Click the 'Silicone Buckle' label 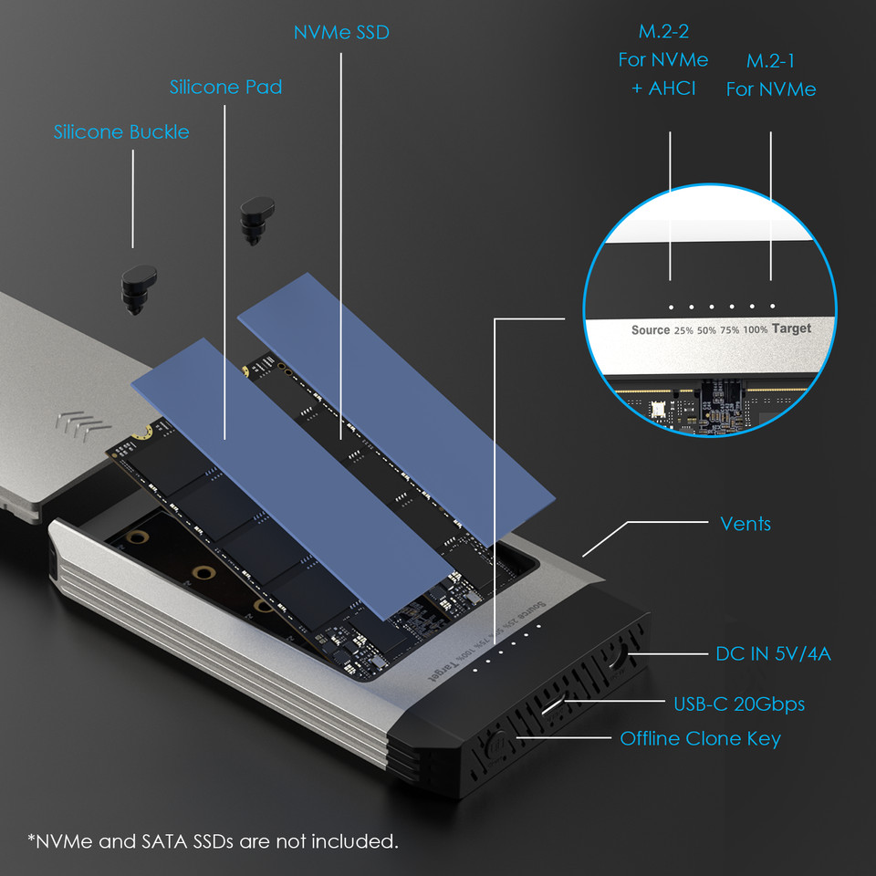121,132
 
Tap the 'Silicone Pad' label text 225,88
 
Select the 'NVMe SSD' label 341,33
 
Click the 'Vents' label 745,524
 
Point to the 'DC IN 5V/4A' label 773,653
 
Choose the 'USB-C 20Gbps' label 739,704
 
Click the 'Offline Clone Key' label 700,738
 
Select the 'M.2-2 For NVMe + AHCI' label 662,60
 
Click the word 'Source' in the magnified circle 650,330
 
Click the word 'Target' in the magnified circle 790,328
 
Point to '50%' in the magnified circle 706,330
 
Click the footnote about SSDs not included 213,840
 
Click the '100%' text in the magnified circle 755,329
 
